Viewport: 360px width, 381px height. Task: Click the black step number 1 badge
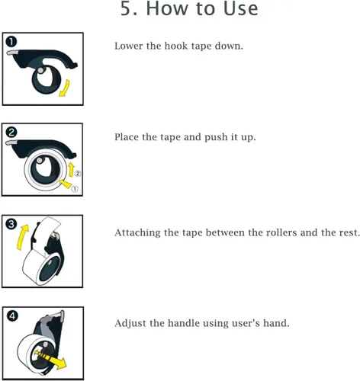point(11,42)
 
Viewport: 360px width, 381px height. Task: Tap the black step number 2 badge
point(11,133)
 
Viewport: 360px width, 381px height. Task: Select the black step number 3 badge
point(11,224)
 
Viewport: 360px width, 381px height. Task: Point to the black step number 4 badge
point(12,316)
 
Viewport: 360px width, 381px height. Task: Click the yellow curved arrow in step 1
point(65,88)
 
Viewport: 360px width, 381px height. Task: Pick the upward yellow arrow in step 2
point(71,170)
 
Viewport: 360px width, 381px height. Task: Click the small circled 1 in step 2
point(75,189)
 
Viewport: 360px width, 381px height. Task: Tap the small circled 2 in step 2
point(78,174)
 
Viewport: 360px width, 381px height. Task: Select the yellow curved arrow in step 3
point(21,236)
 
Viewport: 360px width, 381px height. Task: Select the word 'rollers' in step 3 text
point(272,232)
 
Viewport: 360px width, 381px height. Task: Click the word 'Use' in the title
point(240,8)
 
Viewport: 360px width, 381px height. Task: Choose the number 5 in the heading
point(126,8)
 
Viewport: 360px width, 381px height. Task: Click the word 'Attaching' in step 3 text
point(137,233)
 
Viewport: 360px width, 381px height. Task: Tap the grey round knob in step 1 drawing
point(40,70)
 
